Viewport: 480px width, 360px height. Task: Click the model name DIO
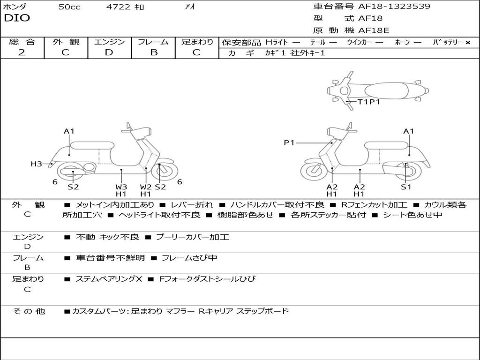17,18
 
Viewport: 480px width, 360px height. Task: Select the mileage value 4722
118,7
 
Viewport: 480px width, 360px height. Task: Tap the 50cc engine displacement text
69,7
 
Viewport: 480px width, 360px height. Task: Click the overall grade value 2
22,52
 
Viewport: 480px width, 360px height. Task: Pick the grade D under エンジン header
109,52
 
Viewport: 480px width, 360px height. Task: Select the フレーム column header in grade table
153,42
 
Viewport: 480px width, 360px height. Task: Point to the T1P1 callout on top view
368,102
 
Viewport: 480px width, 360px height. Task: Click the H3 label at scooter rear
37,164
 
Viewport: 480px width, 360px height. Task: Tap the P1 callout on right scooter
289,142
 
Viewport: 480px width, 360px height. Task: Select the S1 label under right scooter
406,187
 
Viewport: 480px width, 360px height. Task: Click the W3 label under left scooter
121,187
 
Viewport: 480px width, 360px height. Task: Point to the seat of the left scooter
91,145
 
